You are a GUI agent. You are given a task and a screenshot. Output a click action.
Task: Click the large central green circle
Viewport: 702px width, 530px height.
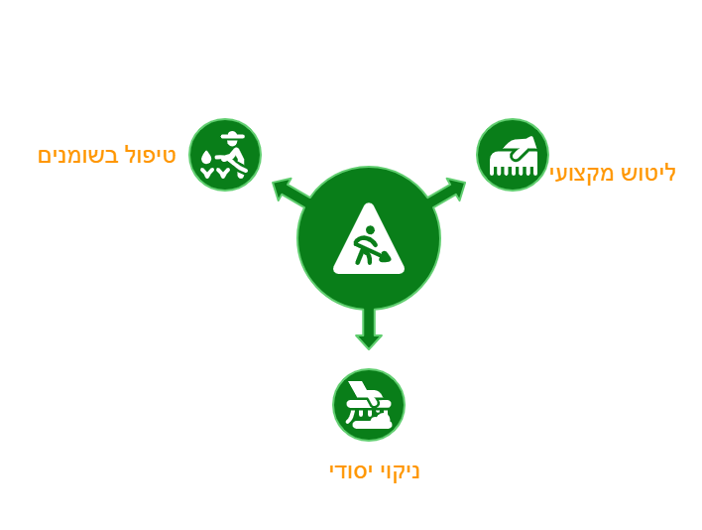pos(369,238)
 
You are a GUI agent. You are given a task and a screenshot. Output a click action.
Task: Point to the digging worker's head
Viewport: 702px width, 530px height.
pos(370,230)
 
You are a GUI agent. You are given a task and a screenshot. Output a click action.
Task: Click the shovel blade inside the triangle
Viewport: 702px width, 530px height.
pos(385,257)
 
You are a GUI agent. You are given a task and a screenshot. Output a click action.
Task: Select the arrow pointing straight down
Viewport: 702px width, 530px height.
pos(369,330)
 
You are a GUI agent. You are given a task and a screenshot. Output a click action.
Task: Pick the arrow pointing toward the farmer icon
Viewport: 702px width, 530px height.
pos(291,193)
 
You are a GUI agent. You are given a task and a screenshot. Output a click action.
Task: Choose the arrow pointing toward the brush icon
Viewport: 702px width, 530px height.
pos(447,193)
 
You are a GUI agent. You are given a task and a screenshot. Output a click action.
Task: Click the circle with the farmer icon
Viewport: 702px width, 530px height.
pos(225,155)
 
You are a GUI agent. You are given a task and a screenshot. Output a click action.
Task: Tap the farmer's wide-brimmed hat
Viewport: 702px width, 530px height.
pos(233,135)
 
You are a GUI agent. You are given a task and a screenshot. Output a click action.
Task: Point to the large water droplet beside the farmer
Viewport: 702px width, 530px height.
pos(206,158)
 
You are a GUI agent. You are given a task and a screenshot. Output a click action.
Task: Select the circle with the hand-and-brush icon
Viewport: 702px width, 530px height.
pos(513,155)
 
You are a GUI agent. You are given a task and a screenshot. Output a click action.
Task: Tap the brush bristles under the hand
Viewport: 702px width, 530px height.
pos(513,171)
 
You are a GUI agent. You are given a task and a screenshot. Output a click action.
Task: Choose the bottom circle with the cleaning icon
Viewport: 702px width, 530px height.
pos(369,405)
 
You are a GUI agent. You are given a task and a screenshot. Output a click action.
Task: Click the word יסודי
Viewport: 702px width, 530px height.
pos(350,471)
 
